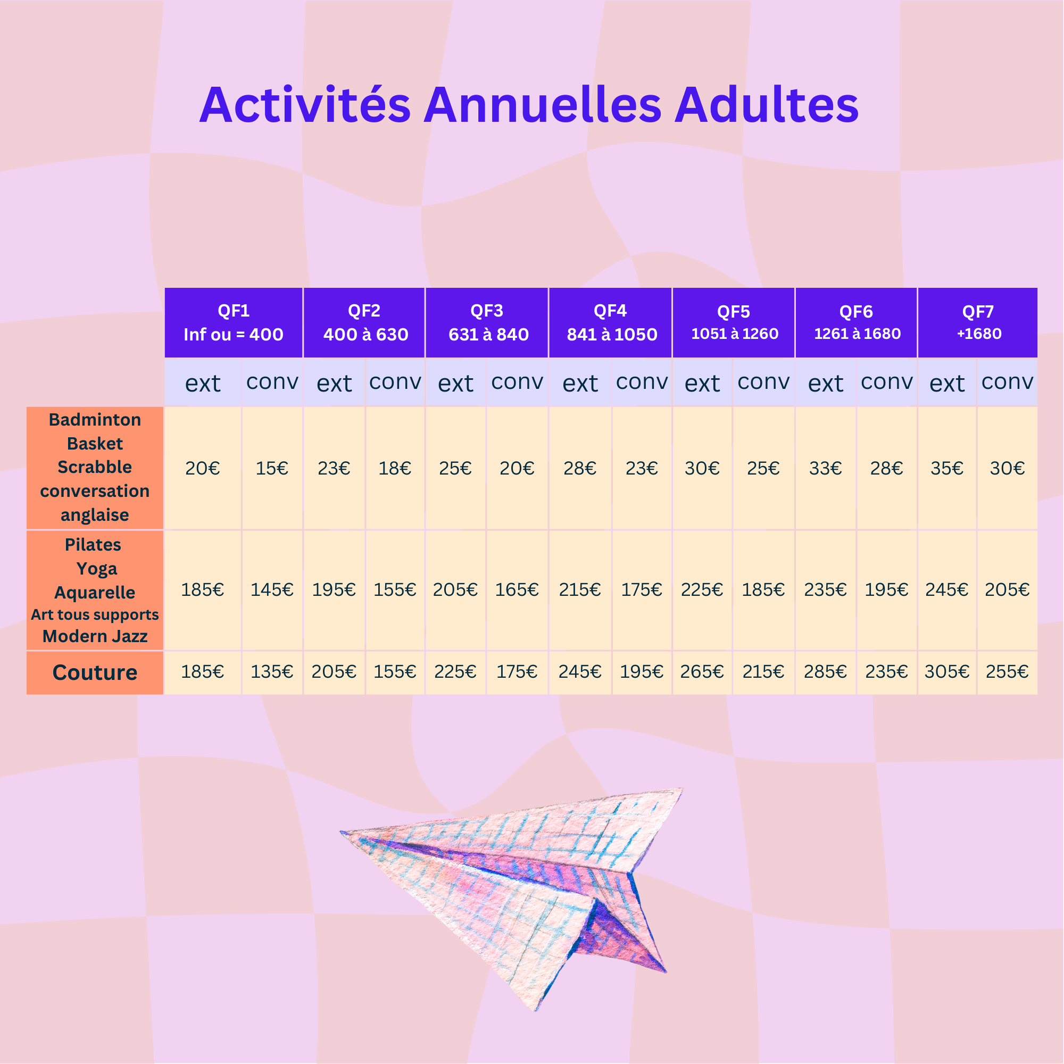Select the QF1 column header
coord(234,323)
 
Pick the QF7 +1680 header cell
coord(978,323)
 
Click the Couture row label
coord(95,672)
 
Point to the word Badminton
coord(95,420)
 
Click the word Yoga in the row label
coord(97,568)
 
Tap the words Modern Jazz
coord(95,636)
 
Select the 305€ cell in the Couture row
coord(947,672)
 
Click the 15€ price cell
coord(271,469)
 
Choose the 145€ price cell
coord(271,590)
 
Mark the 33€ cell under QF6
coord(825,469)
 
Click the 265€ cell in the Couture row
coord(702,672)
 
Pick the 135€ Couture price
coord(271,672)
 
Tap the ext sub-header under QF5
coord(702,383)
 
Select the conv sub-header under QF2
coord(395,382)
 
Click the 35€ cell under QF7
coord(947,469)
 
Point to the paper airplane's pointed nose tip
coord(341,832)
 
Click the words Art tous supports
coord(95,614)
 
